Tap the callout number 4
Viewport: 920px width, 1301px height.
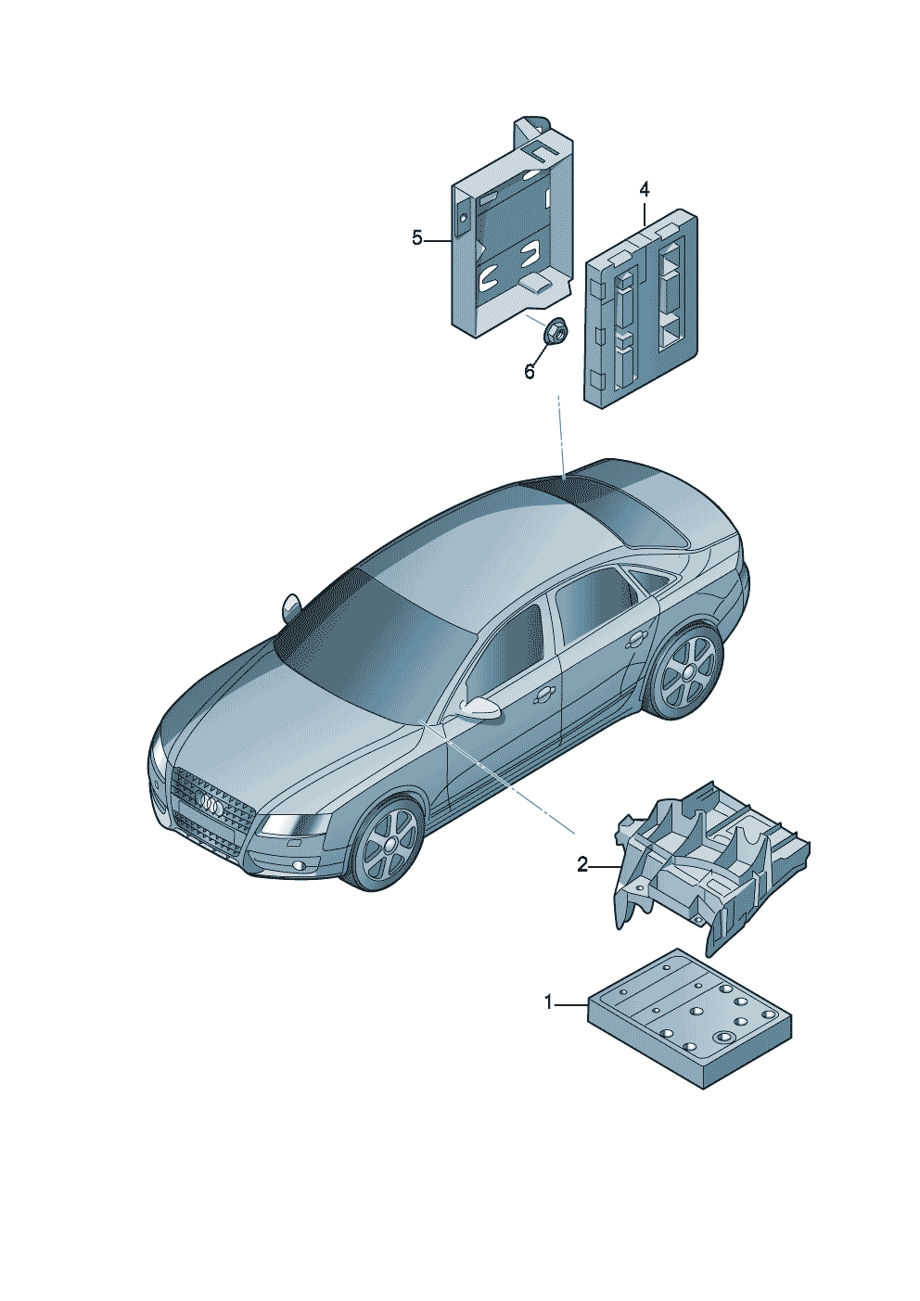click(645, 189)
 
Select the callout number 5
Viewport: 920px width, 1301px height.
click(417, 237)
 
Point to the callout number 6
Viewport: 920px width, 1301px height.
click(530, 372)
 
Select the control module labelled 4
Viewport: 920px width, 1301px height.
click(641, 309)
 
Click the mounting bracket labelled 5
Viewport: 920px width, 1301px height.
click(512, 234)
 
